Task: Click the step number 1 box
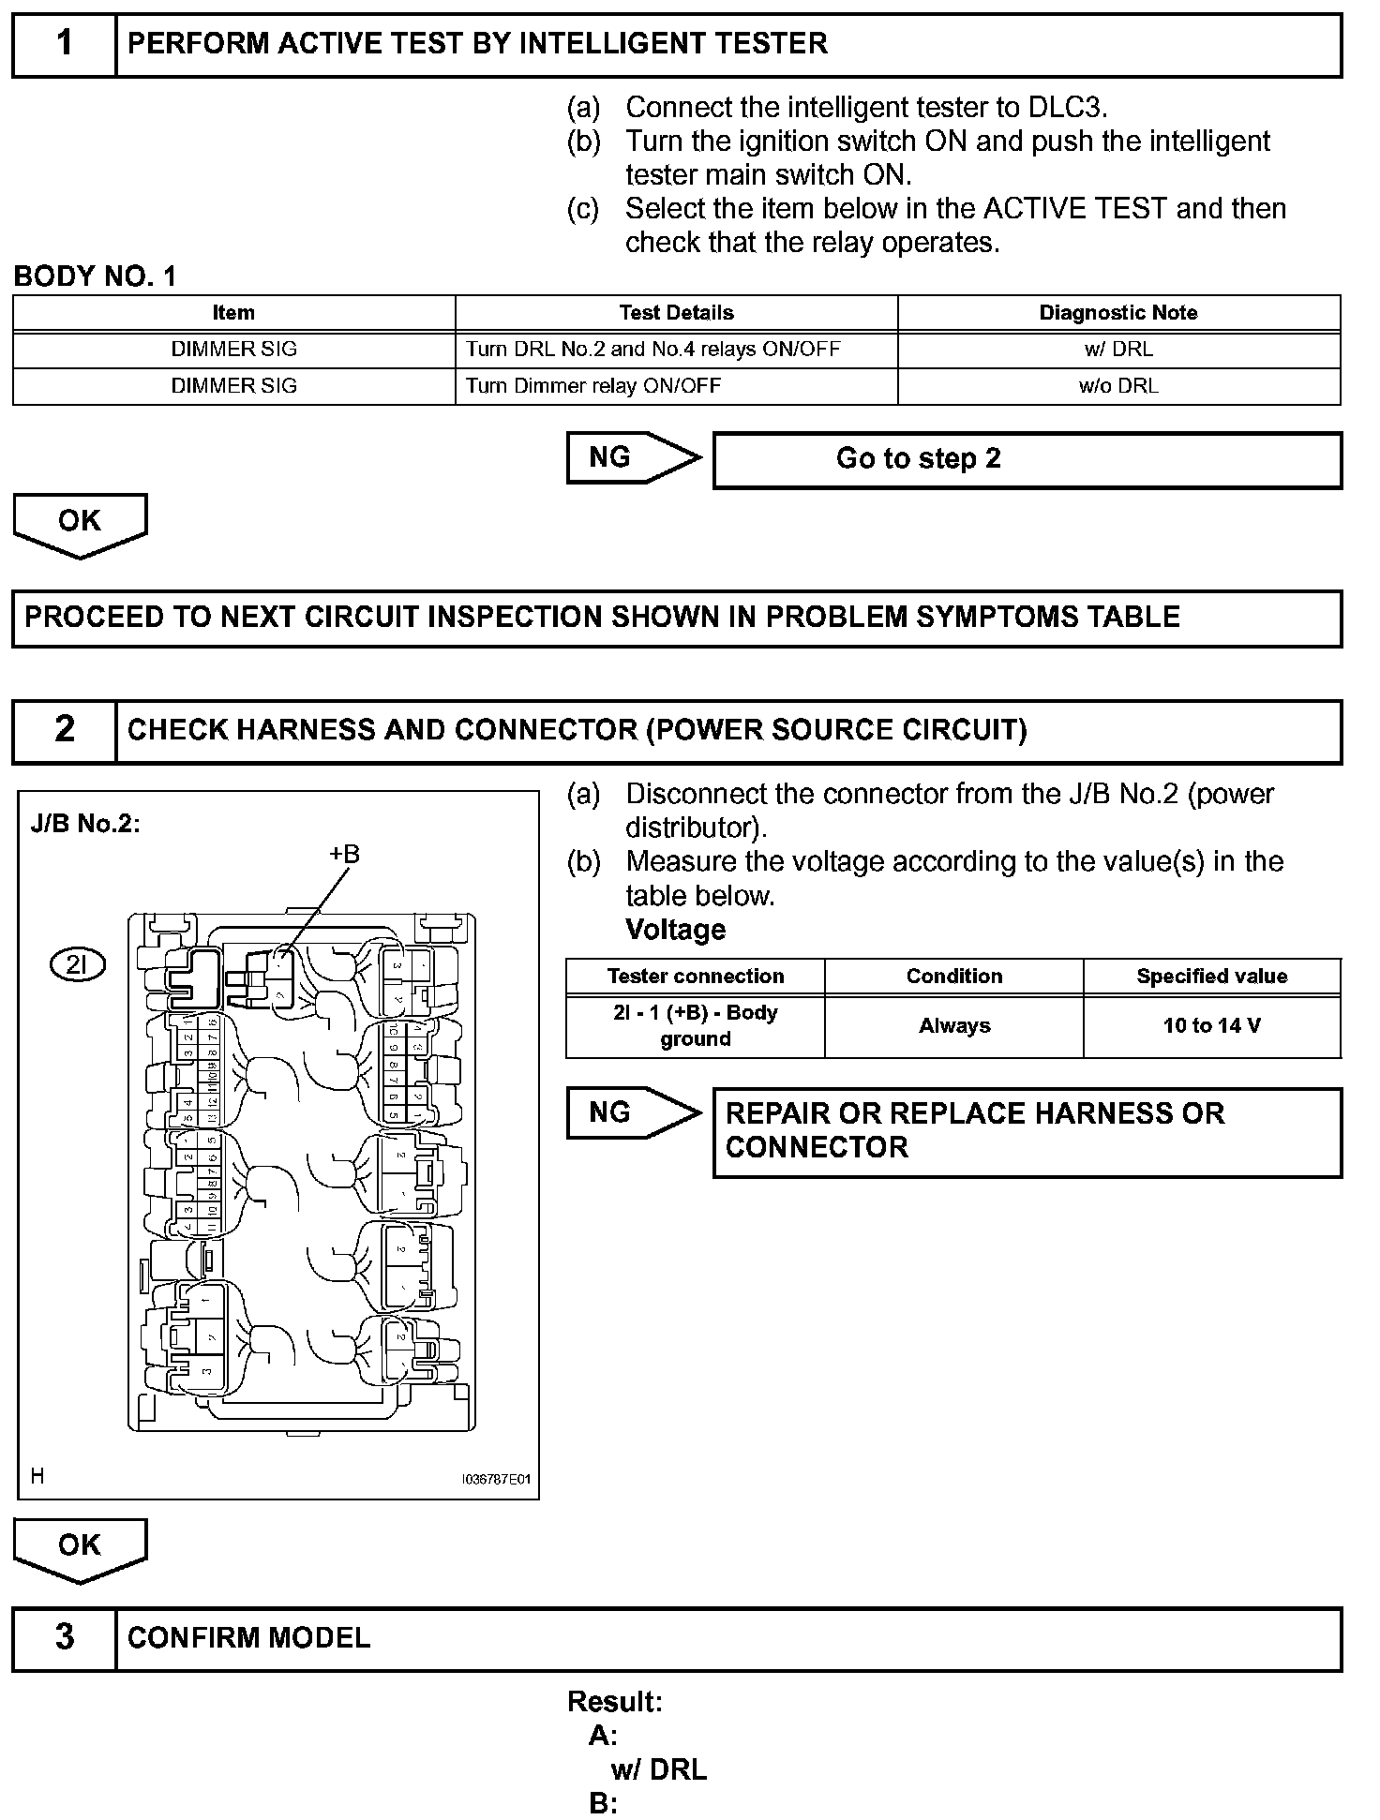(64, 44)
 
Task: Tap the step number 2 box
(64, 730)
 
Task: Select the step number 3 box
(64, 1637)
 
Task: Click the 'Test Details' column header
(676, 313)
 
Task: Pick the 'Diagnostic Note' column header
(1118, 313)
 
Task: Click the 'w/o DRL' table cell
(1118, 386)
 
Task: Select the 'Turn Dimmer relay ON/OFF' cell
(593, 386)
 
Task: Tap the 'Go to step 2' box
(1027, 459)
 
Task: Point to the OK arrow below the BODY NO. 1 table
(80, 523)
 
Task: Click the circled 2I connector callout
(78, 964)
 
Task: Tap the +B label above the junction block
(344, 854)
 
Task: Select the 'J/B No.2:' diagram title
(85, 824)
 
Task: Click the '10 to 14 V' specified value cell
(1211, 1026)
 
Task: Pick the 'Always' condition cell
(953, 1026)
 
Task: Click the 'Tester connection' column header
(695, 977)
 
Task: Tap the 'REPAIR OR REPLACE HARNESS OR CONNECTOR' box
(1027, 1131)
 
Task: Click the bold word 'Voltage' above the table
(675, 930)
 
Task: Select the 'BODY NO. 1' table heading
(95, 276)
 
